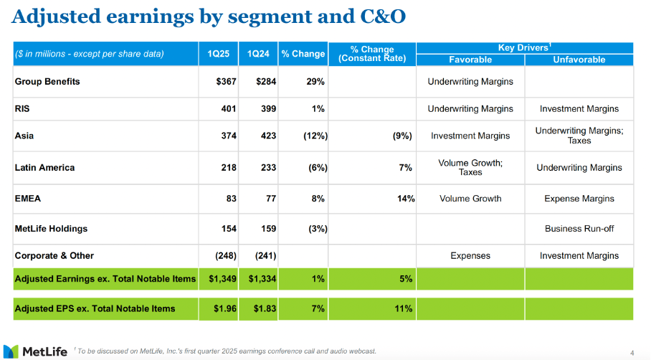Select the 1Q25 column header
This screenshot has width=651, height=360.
tap(218, 54)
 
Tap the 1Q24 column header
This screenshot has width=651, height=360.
tap(258, 54)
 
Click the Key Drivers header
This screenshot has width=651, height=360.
tap(523, 47)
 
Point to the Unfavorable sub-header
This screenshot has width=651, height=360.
tap(579, 60)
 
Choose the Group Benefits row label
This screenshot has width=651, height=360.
tap(47, 82)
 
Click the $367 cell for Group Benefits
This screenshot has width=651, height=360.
tap(226, 82)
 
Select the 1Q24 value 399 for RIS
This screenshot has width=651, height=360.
tap(266, 109)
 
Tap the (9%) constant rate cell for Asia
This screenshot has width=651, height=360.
tap(401, 136)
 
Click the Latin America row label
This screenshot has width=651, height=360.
tap(44, 168)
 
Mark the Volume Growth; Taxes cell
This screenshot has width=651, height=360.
tap(470, 168)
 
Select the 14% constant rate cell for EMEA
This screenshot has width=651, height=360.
tap(406, 199)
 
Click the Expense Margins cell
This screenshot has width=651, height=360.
tap(579, 199)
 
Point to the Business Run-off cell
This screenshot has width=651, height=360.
tap(579, 229)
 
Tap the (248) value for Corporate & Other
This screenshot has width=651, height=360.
tap(225, 255)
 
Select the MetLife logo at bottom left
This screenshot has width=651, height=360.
tap(36, 351)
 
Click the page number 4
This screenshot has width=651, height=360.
tap(632, 352)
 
